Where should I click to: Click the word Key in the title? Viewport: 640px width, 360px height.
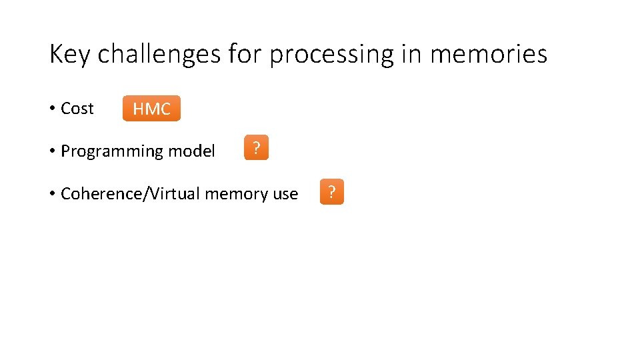69,55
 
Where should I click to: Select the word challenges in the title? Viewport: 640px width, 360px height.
159,55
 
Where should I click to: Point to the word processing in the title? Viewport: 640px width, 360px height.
331,55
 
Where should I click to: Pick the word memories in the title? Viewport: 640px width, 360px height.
489,55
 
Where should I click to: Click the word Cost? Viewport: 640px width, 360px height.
77,109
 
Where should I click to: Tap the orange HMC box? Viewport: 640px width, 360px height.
151,109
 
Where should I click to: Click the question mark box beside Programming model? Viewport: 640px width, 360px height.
256,148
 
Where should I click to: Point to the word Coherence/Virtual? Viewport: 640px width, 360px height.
131,194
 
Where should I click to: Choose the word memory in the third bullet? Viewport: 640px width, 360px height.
237,194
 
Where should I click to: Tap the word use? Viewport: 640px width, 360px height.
286,194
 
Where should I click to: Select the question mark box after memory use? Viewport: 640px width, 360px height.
332,192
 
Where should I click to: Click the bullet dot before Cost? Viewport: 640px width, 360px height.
52,109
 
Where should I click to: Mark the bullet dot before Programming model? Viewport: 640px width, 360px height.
52,151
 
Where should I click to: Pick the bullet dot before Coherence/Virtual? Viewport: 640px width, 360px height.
52,194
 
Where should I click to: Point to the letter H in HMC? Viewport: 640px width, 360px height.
139,109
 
